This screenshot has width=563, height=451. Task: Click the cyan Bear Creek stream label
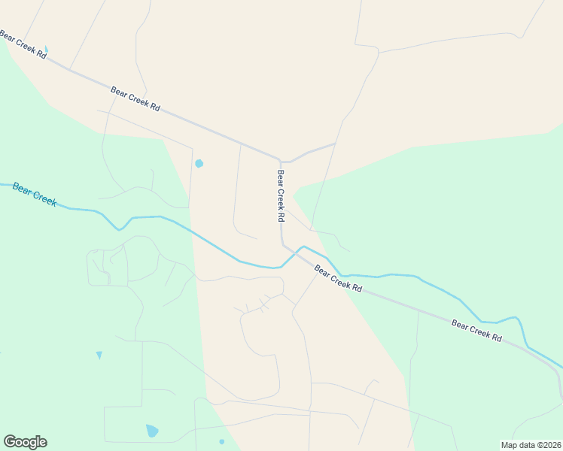click(35, 194)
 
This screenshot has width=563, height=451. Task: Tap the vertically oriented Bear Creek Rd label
click(281, 195)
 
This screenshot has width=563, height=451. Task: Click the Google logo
click(25, 442)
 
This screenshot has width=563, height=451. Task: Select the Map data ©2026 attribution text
click(531, 444)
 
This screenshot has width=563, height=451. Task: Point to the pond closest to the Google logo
click(152, 431)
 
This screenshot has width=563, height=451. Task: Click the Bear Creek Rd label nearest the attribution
click(476, 331)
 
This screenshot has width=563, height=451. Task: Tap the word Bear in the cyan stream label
click(23, 189)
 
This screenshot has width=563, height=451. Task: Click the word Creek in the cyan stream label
click(45, 198)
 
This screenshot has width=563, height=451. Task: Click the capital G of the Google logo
click(10, 442)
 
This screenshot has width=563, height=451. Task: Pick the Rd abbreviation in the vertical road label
click(281, 216)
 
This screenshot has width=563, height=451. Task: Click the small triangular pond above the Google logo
click(99, 355)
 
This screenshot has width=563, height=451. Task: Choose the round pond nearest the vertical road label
click(199, 163)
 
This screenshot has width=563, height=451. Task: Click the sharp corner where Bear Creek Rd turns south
click(280, 161)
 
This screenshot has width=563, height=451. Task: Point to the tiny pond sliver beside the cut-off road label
click(46, 50)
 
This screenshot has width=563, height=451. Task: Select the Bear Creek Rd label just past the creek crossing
click(338, 278)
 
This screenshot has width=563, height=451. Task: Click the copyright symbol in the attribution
click(535, 444)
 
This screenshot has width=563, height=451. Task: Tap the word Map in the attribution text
click(509, 444)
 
